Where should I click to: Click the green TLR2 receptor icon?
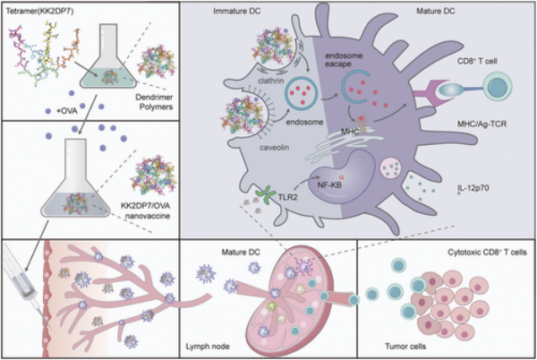pyautogui.click(x=265, y=190)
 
